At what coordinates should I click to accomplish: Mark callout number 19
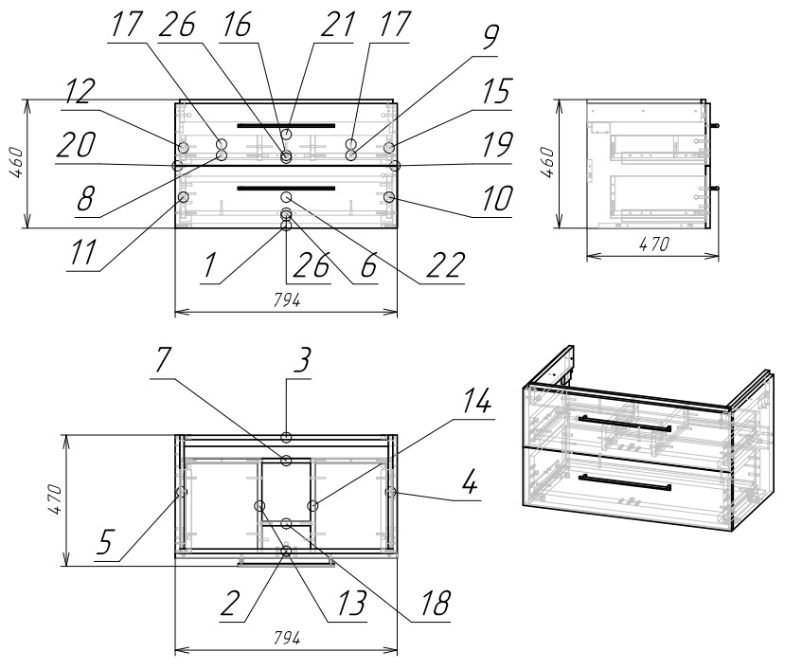coord(495,145)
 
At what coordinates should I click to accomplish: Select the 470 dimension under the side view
coord(651,244)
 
